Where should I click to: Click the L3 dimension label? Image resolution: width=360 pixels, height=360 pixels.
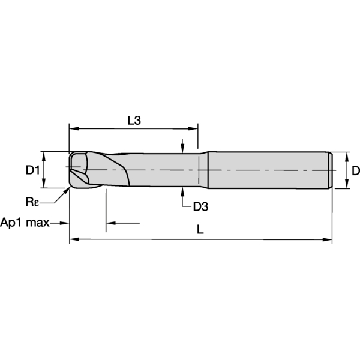[x=134, y=121]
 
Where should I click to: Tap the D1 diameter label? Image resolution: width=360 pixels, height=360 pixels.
[x=32, y=170]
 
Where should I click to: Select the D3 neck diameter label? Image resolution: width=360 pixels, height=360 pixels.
[x=200, y=206]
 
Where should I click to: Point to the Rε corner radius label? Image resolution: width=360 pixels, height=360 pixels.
[x=32, y=202]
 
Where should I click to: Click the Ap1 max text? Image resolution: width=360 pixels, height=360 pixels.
[x=25, y=223]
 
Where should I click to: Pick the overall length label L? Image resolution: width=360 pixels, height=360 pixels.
[x=200, y=229]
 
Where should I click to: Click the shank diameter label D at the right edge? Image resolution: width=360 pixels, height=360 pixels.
[x=356, y=170]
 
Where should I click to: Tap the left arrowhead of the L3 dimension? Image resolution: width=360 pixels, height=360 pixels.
[x=74, y=128]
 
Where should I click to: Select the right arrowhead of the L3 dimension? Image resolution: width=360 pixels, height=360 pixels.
[x=193, y=128]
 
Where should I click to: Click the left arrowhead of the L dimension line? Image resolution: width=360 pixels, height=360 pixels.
[x=74, y=239]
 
